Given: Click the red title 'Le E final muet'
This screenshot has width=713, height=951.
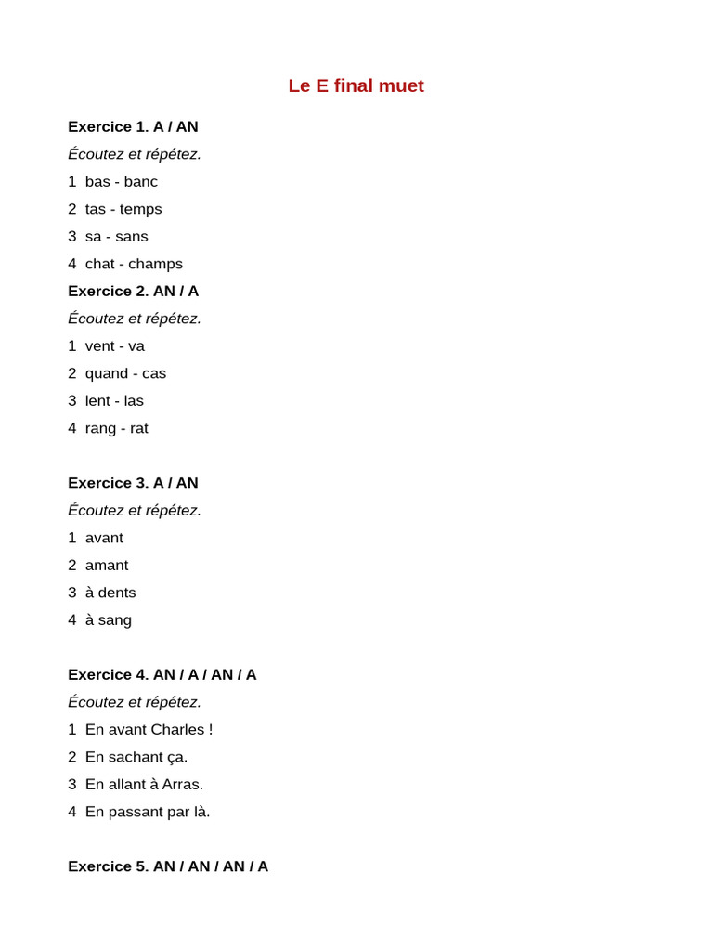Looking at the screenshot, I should [x=356, y=85].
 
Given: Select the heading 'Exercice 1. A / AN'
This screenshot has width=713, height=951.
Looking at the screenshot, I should [x=133, y=126].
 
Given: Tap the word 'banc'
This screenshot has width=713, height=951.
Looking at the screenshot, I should [x=141, y=181].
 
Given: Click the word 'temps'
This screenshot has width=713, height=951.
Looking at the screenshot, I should [x=141, y=209].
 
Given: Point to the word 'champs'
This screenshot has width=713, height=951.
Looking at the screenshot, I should [x=156, y=264].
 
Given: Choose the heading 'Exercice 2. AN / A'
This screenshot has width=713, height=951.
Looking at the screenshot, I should [x=133, y=291].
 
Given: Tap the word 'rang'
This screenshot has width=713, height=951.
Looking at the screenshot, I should [x=101, y=428].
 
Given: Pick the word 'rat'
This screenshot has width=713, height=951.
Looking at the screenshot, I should [x=139, y=428].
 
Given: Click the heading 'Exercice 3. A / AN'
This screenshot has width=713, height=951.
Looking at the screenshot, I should [x=133, y=483].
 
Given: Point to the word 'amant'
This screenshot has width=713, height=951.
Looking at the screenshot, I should [x=107, y=565].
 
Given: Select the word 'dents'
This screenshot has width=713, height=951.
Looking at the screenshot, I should [x=117, y=593].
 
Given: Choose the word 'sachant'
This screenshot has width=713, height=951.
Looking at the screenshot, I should [x=135, y=757].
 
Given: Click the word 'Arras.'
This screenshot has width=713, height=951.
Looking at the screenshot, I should [x=183, y=784].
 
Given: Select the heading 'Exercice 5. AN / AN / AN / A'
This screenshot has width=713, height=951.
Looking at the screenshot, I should [x=168, y=866].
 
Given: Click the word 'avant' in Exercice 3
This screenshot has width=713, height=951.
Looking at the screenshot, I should [x=104, y=538].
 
